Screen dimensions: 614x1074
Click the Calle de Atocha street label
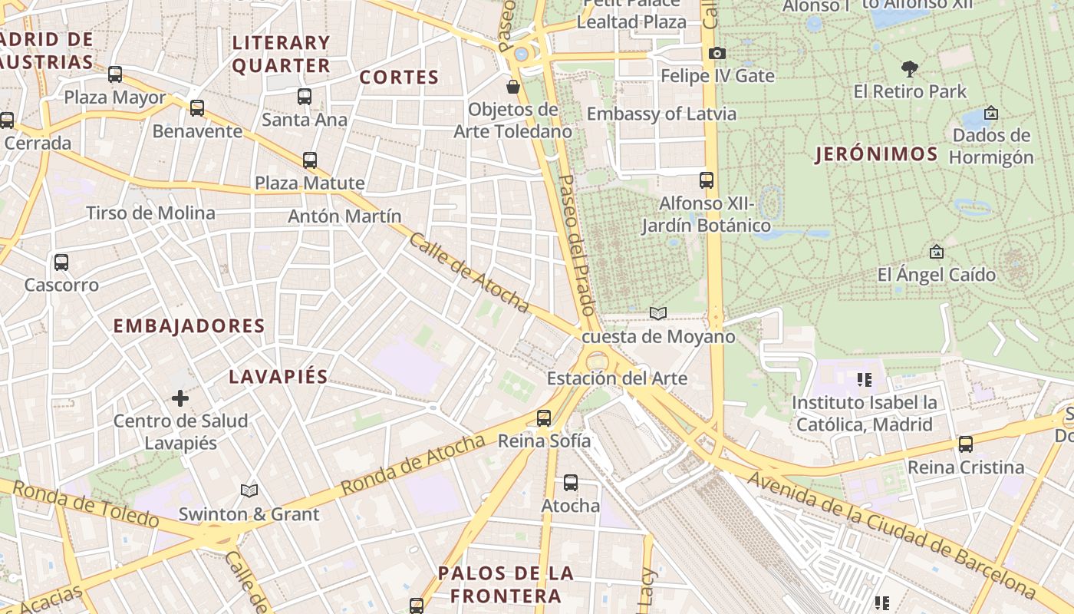pyautogui.click(x=469, y=273)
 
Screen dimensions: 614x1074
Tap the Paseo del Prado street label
pyautogui.click(x=576, y=245)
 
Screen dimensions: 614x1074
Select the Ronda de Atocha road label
pyautogui.click(x=413, y=464)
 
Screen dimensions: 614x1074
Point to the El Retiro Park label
pyautogui.click(x=910, y=91)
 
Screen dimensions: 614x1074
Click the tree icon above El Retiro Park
pyautogui.click(x=910, y=69)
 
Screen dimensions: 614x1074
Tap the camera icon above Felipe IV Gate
pyautogui.click(x=717, y=53)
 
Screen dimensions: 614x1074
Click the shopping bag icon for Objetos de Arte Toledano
pyautogui.click(x=513, y=87)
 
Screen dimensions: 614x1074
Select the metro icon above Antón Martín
pyautogui.click(x=310, y=160)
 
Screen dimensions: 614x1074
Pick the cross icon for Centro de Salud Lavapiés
pyautogui.click(x=180, y=398)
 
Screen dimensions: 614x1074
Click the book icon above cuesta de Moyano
pyautogui.click(x=658, y=313)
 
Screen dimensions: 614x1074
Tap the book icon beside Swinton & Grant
pyautogui.click(x=249, y=490)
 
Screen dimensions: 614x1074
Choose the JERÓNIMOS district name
pyautogui.click(x=876, y=154)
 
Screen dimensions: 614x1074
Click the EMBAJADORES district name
pyautogui.click(x=189, y=325)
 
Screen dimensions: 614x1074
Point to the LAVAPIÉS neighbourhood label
pyautogui.click(x=278, y=376)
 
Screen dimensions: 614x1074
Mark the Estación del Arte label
pyautogui.click(x=617, y=378)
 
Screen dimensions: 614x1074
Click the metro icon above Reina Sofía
pyautogui.click(x=544, y=418)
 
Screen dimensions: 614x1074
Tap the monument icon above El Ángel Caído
pyautogui.click(x=936, y=252)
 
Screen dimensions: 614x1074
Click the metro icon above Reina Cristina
pyautogui.click(x=965, y=444)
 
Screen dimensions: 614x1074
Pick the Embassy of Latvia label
pyautogui.click(x=661, y=114)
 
